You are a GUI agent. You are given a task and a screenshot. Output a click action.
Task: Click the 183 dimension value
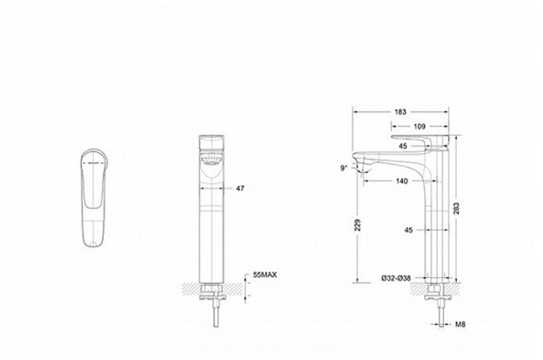pyautogui.click(x=400, y=112)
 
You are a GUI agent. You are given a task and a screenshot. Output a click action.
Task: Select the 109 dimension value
pyautogui.click(x=419, y=126)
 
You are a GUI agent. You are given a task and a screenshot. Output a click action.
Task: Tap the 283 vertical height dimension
pyautogui.click(x=456, y=208)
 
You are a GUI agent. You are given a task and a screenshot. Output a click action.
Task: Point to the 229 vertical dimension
pyautogui.click(x=358, y=225)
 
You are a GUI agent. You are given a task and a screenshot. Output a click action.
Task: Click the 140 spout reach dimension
pyautogui.click(x=402, y=181)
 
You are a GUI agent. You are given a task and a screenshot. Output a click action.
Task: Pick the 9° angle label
pyautogui.click(x=344, y=168)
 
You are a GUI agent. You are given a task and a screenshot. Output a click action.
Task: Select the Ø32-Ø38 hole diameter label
pyautogui.click(x=396, y=278)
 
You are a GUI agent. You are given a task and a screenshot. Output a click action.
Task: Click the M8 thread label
pyautogui.click(x=460, y=324)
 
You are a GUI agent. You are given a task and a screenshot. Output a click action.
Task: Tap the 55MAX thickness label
pyautogui.click(x=265, y=275)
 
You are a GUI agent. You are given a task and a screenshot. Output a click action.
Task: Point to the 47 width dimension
pyautogui.click(x=240, y=189)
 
